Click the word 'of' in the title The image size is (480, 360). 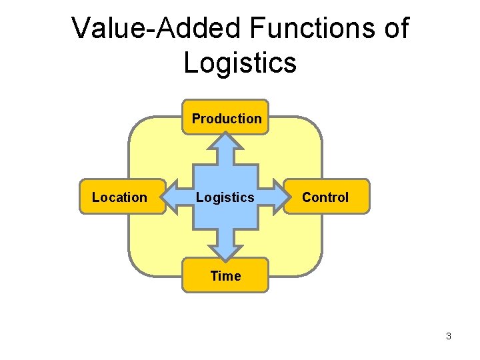coord(396,29)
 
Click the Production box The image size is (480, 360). coord(226,117)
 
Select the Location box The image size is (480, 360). coord(122,197)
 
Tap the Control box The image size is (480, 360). coord(326,197)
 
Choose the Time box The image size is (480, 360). coord(225,275)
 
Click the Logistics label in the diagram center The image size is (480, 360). coord(225,197)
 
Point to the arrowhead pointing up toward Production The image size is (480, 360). coord(227,141)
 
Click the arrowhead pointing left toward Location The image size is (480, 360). coord(173,197)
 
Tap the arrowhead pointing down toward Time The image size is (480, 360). coord(227,252)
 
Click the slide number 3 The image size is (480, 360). coord(449,336)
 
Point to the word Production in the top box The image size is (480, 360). coord(227,119)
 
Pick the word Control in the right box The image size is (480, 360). coord(325,197)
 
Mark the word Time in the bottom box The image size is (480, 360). coord(225,276)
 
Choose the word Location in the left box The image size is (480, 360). coord(119,197)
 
